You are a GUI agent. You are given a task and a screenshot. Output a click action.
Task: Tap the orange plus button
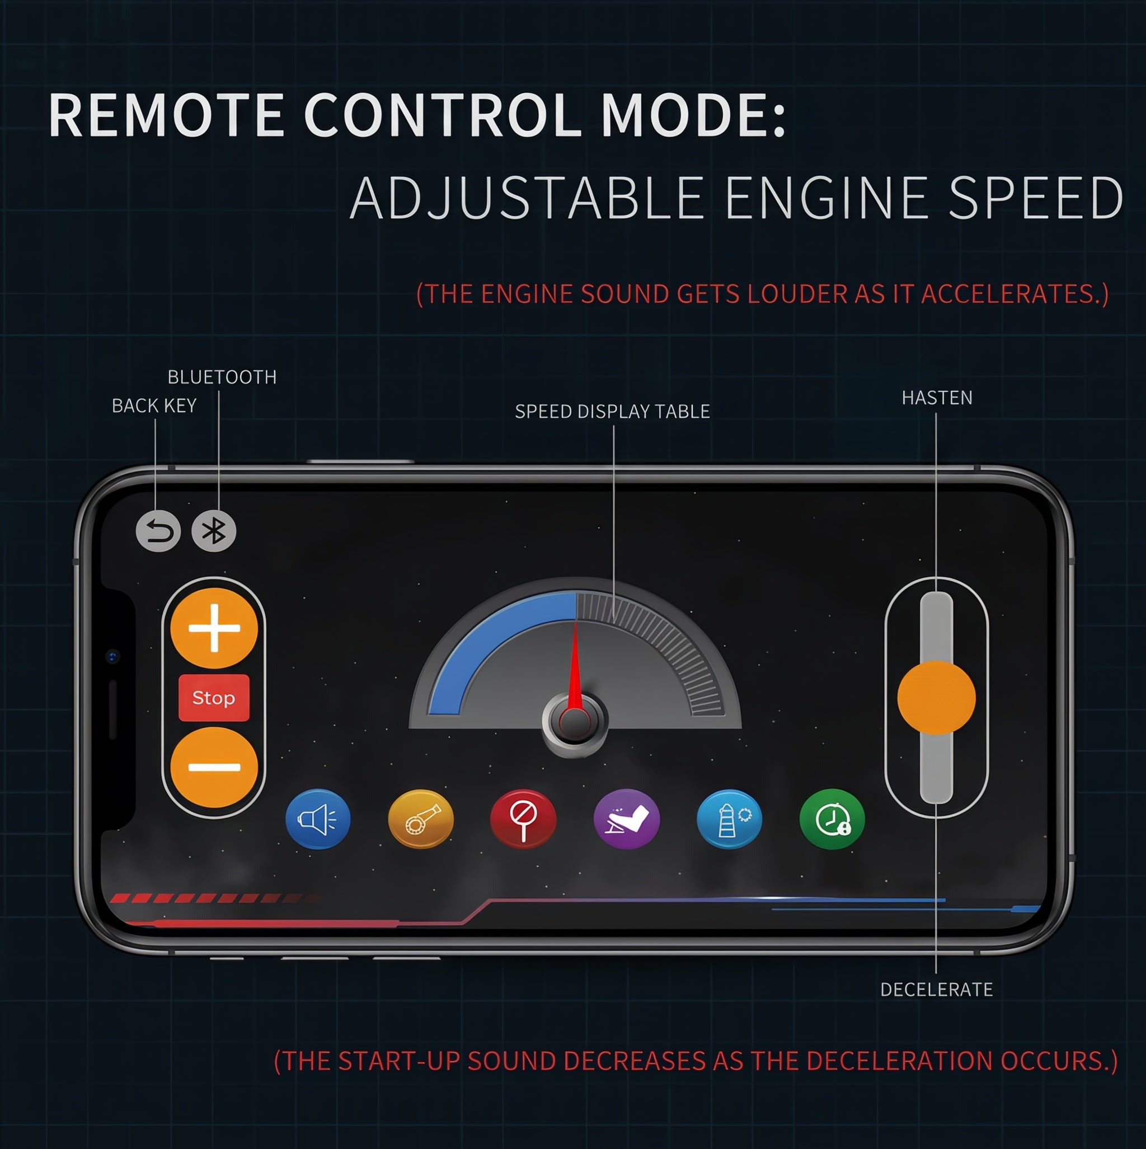(x=214, y=628)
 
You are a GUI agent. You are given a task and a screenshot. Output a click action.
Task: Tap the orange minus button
(x=214, y=767)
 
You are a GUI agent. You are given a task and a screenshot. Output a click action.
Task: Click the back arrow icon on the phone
(x=158, y=531)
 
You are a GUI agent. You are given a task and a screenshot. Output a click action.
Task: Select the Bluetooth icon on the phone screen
(x=214, y=531)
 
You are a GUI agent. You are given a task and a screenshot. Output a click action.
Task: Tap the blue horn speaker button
(x=318, y=819)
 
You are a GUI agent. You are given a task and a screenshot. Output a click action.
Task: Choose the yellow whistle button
(x=421, y=819)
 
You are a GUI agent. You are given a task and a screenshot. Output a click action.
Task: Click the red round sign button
(x=524, y=819)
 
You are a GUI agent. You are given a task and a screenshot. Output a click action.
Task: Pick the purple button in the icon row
(x=627, y=819)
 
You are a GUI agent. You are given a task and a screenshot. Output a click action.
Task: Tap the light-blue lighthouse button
(x=729, y=819)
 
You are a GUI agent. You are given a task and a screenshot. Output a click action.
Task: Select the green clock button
(x=832, y=819)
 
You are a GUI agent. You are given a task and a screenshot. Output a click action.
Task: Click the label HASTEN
(x=937, y=398)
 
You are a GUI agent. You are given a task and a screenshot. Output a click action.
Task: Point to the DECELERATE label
(x=936, y=989)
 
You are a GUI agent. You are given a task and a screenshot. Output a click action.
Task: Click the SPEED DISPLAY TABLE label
(x=612, y=412)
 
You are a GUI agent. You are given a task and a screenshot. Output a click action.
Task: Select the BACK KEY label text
(x=154, y=405)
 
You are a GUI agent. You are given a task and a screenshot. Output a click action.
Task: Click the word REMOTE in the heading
(x=166, y=115)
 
